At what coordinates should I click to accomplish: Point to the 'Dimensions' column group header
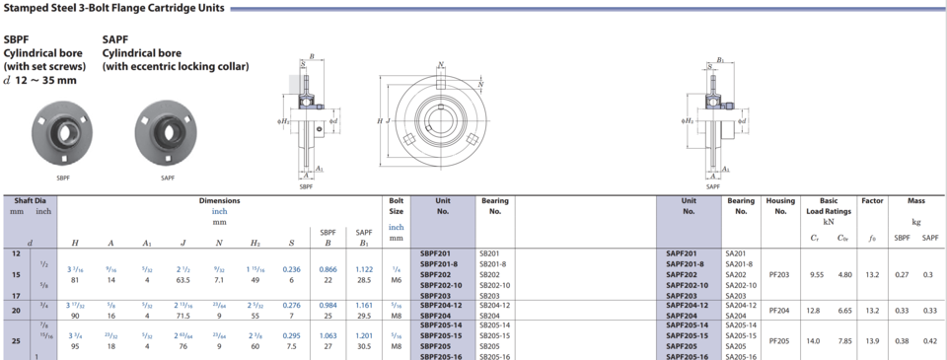[x=220, y=200]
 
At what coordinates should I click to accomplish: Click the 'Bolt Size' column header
[x=397, y=205]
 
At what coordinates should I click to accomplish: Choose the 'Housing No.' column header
[x=780, y=205]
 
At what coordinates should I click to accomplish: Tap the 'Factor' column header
[x=872, y=200]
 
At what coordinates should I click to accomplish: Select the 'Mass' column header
[x=916, y=200]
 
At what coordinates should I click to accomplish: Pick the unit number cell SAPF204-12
[x=688, y=305]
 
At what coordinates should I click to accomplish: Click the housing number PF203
[x=780, y=274]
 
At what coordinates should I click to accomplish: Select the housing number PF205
[x=780, y=341]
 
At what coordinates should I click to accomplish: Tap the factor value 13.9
[x=872, y=341]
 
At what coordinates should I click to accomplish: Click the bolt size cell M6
[x=397, y=280]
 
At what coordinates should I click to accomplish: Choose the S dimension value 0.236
[x=291, y=268]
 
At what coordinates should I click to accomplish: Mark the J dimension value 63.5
[x=183, y=280]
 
